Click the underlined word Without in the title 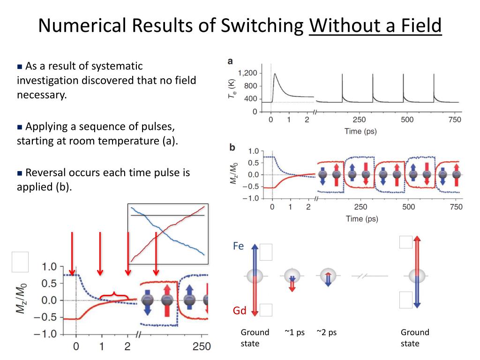click(337, 26)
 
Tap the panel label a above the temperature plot click(230, 61)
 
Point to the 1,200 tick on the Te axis click(247, 73)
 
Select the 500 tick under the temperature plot click(407, 120)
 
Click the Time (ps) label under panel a click(360, 131)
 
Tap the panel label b click(232, 147)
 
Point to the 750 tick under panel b click(455, 207)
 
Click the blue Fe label click(239, 246)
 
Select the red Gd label click(240, 311)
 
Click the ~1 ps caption click(294, 332)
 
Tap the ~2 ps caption click(326, 332)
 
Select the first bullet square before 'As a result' click(20, 67)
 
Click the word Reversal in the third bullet click(45, 172)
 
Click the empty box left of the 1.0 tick click(20, 262)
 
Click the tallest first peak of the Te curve click(275, 74)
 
